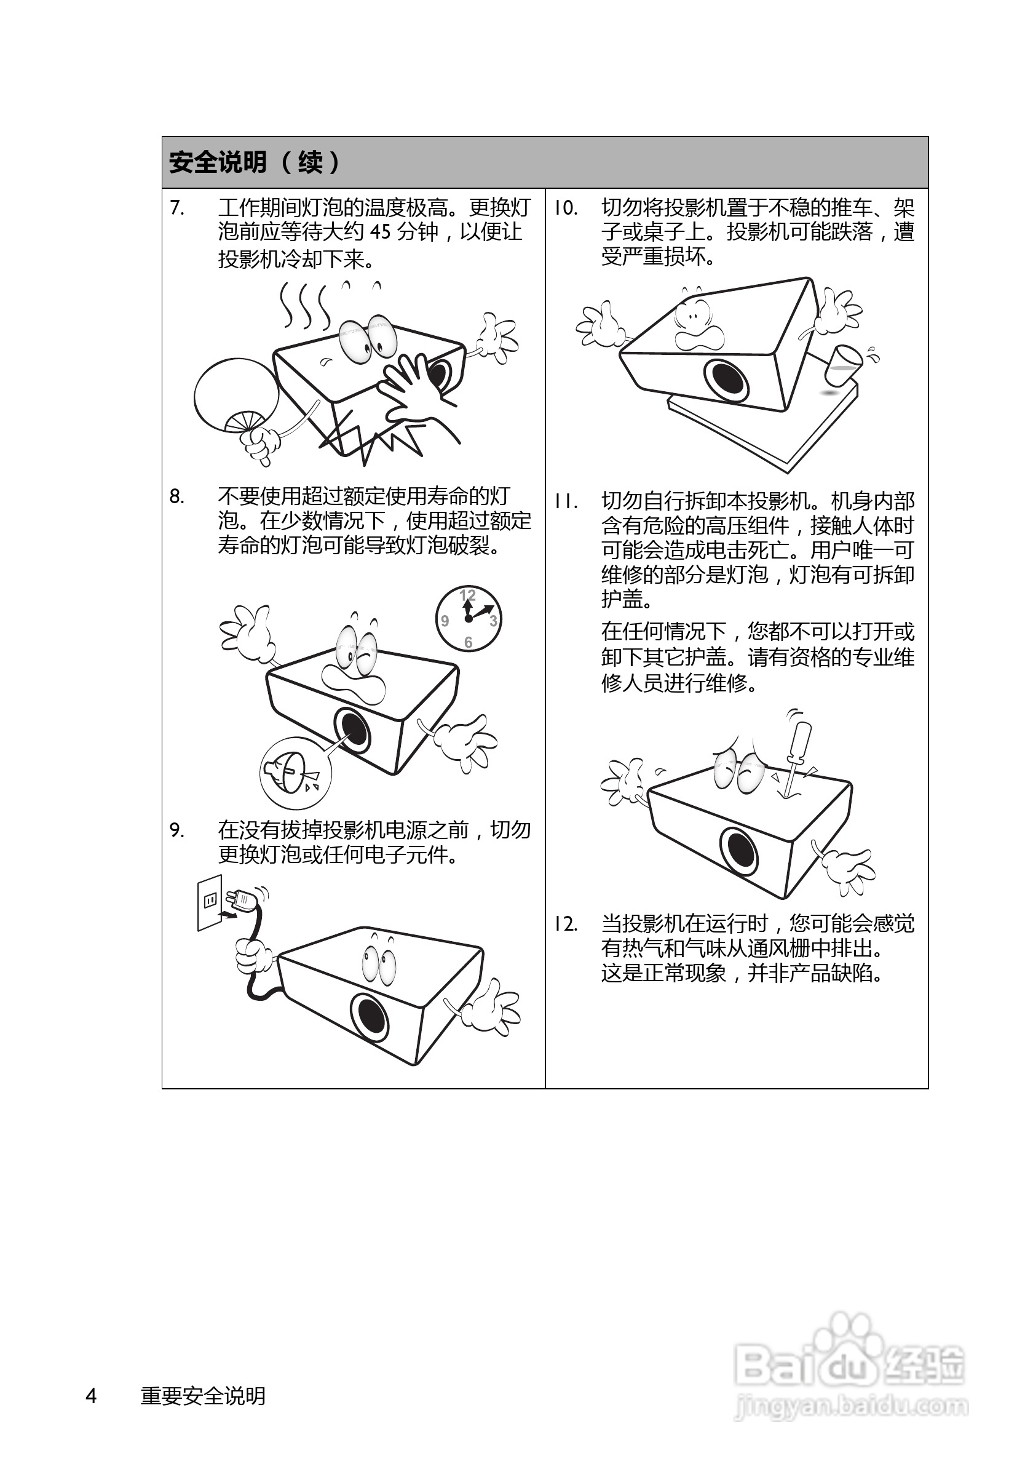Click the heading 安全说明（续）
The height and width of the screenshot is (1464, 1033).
click(255, 162)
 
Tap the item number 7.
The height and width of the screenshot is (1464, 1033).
click(177, 208)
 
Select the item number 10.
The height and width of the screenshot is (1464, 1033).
click(565, 208)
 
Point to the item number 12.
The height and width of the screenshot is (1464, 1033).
click(565, 924)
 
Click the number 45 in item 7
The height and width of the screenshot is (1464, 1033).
click(381, 231)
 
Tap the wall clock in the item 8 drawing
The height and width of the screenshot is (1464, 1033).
click(469, 618)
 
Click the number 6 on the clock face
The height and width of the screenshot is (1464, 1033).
click(469, 642)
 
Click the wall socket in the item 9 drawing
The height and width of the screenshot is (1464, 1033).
click(210, 902)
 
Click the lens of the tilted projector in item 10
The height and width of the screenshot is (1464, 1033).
click(726, 380)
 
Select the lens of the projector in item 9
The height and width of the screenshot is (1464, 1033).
click(369, 1014)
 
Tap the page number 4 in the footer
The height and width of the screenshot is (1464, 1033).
click(91, 1396)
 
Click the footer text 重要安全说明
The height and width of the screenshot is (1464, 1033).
click(203, 1396)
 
